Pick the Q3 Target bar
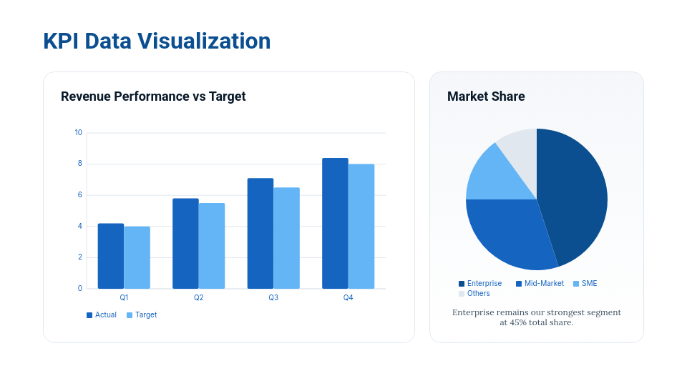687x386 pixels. (286, 238)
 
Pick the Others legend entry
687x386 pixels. (474, 294)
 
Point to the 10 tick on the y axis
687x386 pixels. (79, 132)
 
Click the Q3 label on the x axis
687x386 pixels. (273, 297)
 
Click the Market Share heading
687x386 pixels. (486, 96)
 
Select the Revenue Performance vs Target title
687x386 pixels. (153, 96)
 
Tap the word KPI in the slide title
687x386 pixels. (61, 41)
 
